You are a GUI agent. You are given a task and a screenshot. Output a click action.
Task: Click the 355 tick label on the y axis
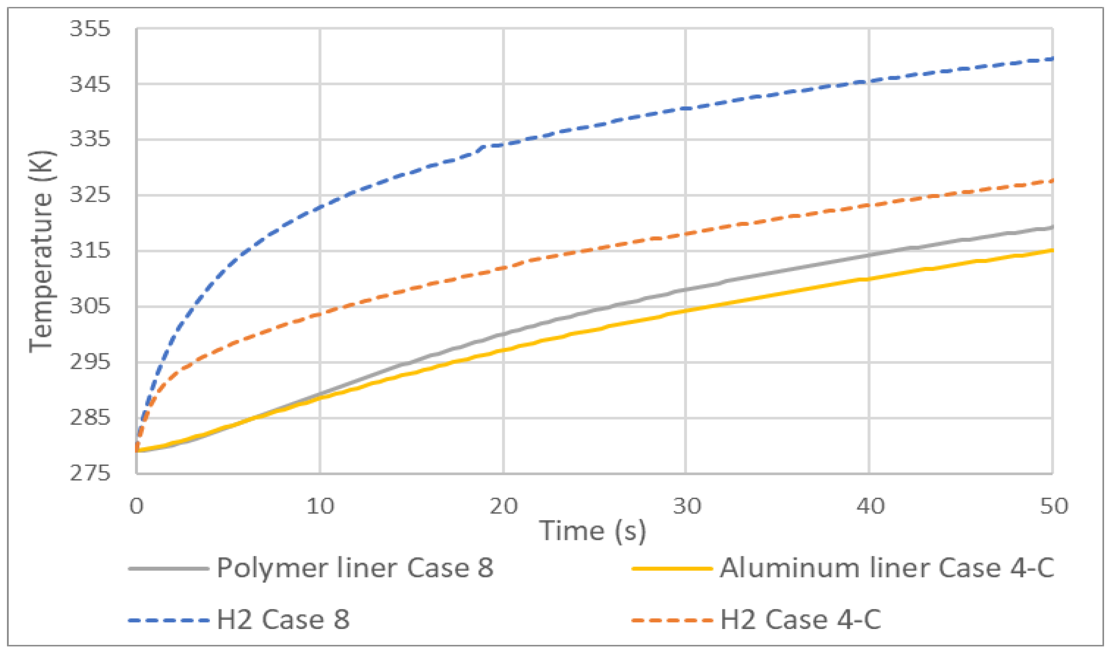click(x=90, y=29)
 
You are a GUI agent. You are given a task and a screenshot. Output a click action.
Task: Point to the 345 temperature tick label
click(x=90, y=84)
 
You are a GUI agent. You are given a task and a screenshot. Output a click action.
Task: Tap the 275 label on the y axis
click(x=90, y=474)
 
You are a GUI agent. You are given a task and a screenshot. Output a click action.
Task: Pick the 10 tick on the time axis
click(x=320, y=506)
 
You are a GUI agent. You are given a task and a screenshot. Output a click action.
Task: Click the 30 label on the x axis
click(x=686, y=506)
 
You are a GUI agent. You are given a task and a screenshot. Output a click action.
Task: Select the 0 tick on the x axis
click(x=137, y=506)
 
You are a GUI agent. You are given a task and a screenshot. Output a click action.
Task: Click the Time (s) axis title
click(x=592, y=531)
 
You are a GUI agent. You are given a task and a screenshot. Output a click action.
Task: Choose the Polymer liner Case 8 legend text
click(x=355, y=568)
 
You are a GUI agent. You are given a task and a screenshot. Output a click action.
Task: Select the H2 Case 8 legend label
click(x=283, y=619)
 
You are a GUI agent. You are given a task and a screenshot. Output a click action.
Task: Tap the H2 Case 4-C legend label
click(x=800, y=619)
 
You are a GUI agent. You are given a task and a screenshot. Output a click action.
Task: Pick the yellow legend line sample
click(x=672, y=568)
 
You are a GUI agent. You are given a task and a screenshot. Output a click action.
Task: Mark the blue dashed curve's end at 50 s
click(x=1052, y=58)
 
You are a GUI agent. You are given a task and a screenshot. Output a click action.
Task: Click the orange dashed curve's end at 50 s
click(x=1052, y=181)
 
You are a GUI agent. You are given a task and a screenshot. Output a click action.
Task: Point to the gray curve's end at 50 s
click(x=1052, y=227)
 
